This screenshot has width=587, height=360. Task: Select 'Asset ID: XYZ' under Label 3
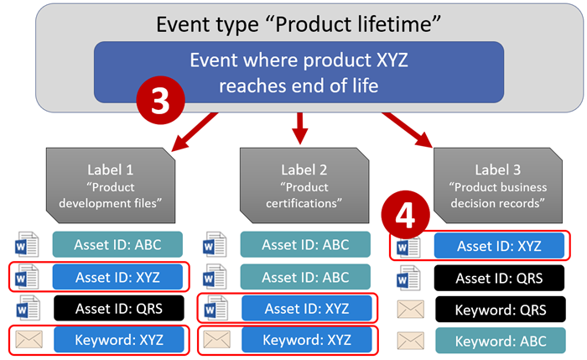(498, 247)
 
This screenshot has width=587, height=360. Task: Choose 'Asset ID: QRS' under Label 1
(118, 308)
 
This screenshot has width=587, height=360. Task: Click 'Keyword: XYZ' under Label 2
(306, 341)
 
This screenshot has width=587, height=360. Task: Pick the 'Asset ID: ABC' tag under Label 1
(118, 244)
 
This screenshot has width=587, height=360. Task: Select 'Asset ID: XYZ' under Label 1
(118, 276)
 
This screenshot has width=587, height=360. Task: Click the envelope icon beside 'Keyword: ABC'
(410, 342)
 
